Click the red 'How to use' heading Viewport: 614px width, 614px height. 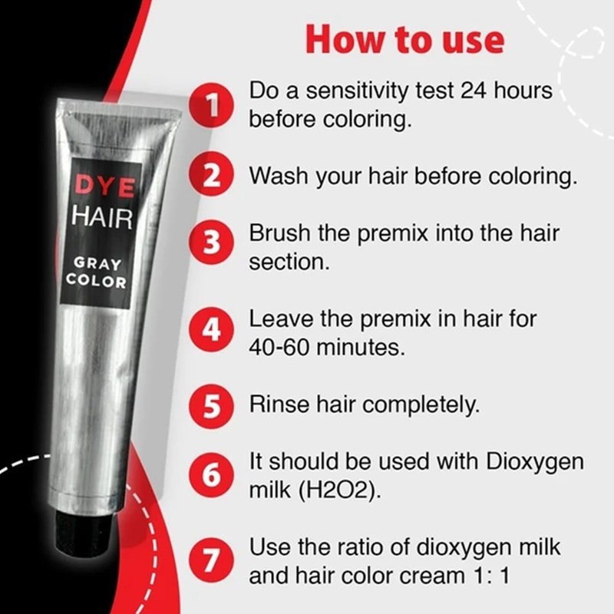(x=404, y=40)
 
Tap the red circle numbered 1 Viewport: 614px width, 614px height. (x=212, y=104)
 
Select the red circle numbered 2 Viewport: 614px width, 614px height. (x=212, y=174)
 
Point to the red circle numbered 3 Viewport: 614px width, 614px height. (x=212, y=242)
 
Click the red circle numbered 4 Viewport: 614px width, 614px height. (x=212, y=329)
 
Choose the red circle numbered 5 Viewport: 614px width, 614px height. (x=212, y=406)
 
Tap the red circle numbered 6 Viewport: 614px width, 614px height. (x=212, y=475)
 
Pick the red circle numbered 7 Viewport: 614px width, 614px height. (x=212, y=560)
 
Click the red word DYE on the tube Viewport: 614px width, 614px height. (x=104, y=186)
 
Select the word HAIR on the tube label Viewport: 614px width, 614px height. (x=102, y=217)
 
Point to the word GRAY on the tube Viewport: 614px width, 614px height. (x=97, y=263)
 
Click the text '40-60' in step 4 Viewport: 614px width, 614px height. (x=279, y=347)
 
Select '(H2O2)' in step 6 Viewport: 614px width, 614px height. (x=339, y=490)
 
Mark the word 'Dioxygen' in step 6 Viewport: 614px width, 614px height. (x=534, y=463)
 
